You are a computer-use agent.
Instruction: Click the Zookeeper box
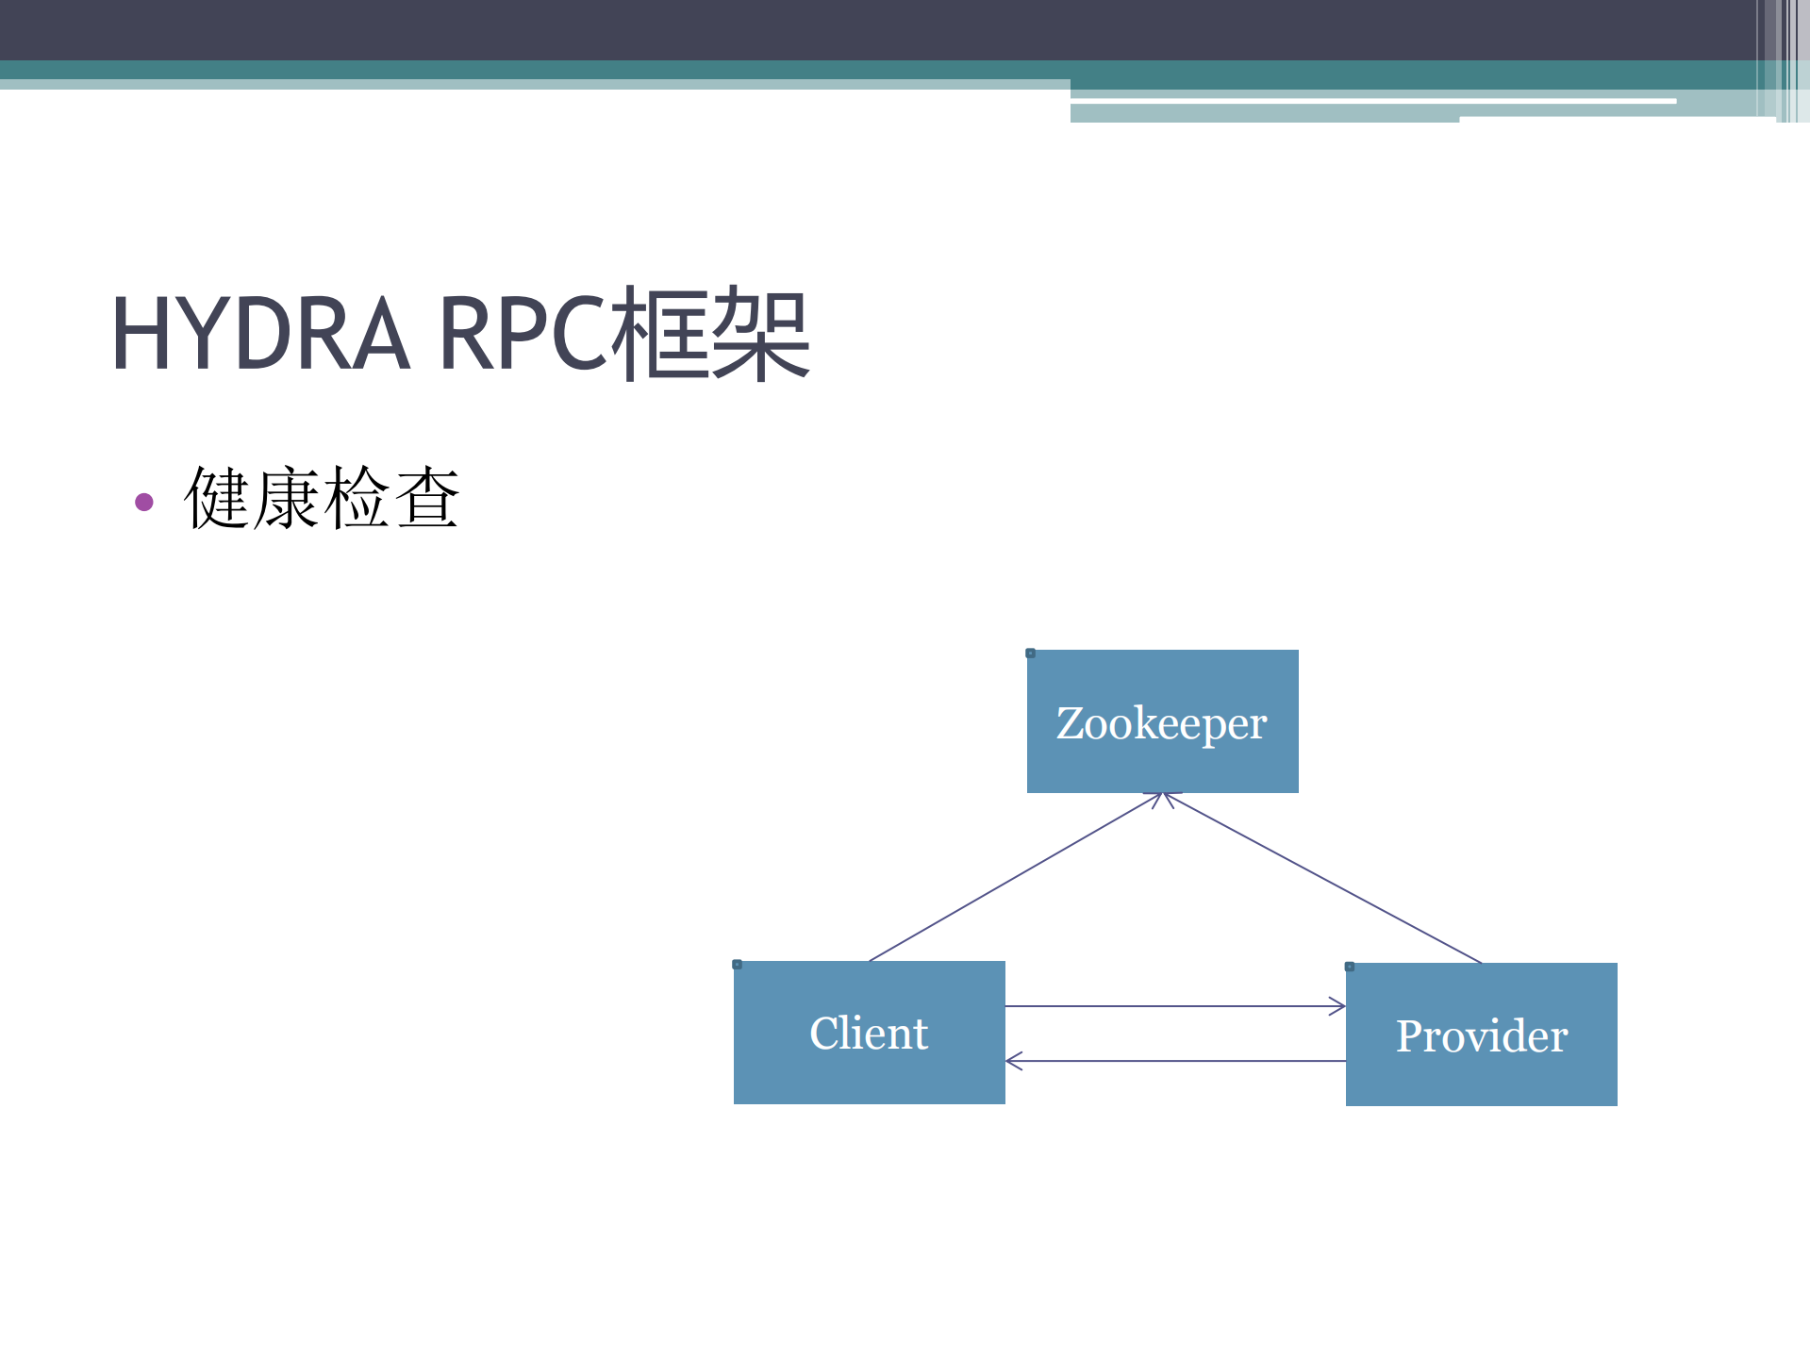point(1162,721)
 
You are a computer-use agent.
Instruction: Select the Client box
point(869,1033)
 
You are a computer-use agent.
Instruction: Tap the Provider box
point(1481,1034)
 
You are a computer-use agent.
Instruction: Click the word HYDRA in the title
point(260,334)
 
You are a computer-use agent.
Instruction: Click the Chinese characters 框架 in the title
point(709,334)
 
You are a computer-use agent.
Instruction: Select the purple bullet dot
point(144,502)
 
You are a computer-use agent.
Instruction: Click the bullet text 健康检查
point(322,498)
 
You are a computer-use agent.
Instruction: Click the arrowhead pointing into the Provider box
point(1338,1006)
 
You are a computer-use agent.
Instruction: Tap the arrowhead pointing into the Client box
point(1013,1061)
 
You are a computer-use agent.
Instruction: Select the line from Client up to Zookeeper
point(1014,877)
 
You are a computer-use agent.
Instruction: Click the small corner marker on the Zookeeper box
point(1031,654)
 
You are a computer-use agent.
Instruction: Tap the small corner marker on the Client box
point(738,965)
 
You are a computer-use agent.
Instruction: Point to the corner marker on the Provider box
point(1350,967)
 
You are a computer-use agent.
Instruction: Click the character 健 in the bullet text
point(217,498)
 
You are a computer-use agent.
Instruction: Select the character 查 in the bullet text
point(427,498)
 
